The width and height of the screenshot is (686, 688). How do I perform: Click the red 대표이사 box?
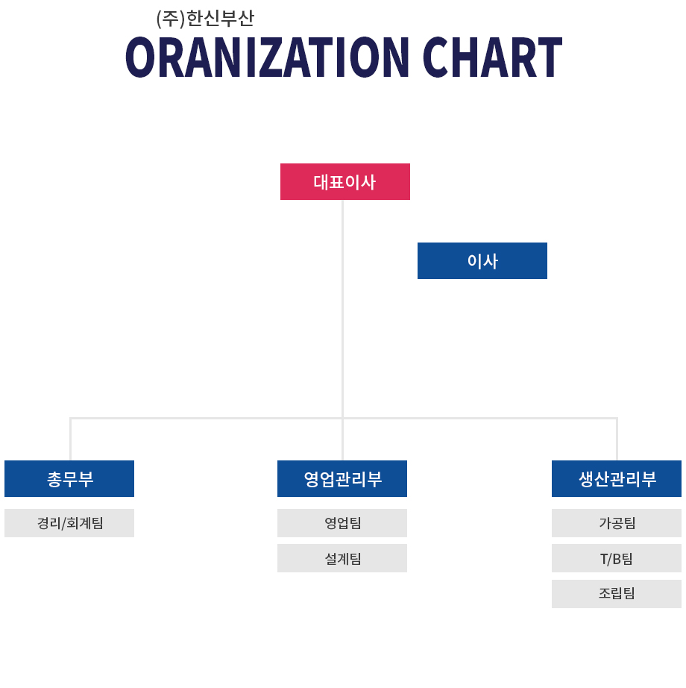(345, 181)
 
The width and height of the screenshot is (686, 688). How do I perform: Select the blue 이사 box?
(482, 260)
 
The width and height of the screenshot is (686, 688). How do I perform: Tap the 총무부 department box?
(69, 479)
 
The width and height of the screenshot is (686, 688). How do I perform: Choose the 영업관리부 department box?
(342, 479)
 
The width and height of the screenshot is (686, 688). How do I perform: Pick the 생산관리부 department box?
(617, 479)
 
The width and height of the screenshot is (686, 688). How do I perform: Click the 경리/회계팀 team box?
(69, 523)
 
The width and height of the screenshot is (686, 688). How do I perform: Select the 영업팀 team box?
(342, 523)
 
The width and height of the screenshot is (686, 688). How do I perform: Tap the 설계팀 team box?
(342, 558)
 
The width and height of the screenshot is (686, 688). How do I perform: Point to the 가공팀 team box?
(617, 523)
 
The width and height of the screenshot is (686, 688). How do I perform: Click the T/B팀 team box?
(617, 558)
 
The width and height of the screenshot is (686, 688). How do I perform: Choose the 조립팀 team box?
(617, 594)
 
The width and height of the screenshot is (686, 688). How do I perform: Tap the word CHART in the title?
(492, 57)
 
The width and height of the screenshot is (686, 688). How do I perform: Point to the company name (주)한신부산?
(205, 19)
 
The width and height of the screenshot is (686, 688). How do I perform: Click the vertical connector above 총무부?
(70, 440)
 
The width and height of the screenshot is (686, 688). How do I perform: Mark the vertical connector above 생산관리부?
(617, 440)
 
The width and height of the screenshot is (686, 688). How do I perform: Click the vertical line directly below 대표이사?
(342, 309)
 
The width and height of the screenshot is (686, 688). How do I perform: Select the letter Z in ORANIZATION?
(271, 57)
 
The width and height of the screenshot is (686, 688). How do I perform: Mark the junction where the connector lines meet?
(342, 418)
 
